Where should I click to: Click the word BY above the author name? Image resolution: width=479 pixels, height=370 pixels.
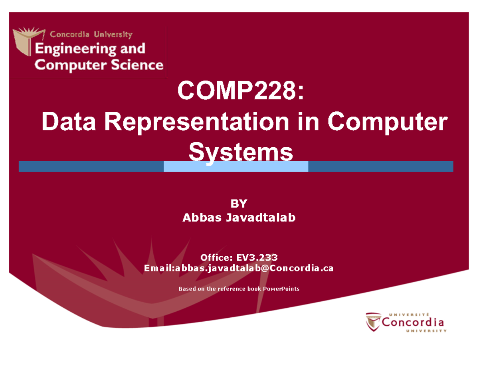point(239,204)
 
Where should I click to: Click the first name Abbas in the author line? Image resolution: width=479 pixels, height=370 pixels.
point(199,218)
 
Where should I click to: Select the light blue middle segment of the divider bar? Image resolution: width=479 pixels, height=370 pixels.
point(236,166)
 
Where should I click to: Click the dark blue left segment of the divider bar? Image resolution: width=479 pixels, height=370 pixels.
point(91,166)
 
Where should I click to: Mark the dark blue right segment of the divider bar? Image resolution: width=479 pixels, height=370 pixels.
point(380,166)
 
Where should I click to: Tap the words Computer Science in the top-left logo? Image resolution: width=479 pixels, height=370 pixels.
point(99,65)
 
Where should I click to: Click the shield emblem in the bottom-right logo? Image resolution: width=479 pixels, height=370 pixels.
point(374,322)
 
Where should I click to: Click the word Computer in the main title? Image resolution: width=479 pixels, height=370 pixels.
point(386,123)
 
